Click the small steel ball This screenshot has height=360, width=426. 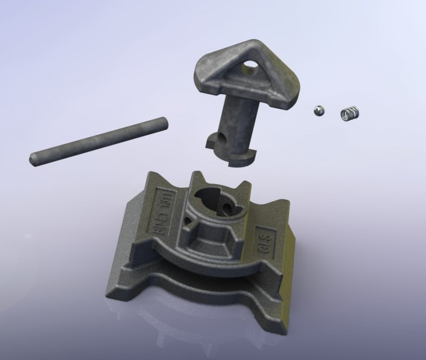(x=319, y=110)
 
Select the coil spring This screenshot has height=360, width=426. (x=351, y=113)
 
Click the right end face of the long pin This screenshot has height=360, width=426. (x=163, y=122)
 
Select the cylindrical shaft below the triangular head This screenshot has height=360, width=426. (x=239, y=121)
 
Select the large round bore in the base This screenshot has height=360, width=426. (x=210, y=202)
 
